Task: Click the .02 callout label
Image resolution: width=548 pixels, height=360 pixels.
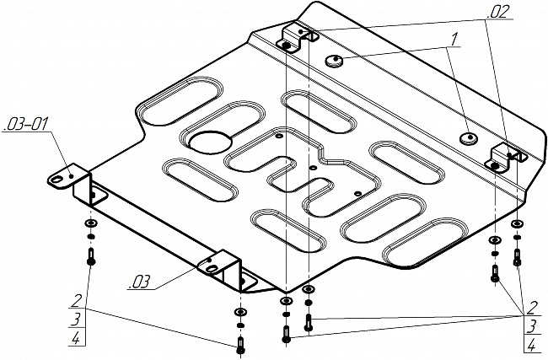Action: coord(497,13)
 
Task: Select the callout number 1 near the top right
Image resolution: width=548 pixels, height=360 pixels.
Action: coord(454,39)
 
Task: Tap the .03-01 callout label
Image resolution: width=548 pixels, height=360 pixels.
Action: coord(26,125)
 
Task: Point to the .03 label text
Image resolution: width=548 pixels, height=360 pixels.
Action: coord(140,282)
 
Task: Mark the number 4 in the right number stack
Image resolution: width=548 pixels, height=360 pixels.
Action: coord(532,346)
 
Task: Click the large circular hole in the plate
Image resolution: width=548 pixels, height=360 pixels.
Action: coord(211,142)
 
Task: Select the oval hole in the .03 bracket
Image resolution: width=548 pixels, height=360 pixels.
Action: coord(212,268)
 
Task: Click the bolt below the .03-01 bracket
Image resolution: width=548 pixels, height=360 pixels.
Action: coord(91,256)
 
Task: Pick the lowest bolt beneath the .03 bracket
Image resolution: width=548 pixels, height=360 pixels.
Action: coord(241,345)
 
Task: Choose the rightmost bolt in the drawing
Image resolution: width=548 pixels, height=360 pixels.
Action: coord(517,257)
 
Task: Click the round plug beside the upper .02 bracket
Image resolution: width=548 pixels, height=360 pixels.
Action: coord(334,61)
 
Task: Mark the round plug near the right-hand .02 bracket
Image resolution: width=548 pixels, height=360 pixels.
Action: coord(468,138)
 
